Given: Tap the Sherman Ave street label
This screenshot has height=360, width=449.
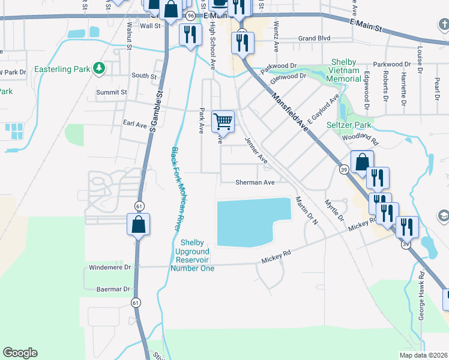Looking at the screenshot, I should point(255,182).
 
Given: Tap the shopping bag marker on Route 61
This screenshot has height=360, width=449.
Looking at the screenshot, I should point(138,224).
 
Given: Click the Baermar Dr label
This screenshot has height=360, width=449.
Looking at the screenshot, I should point(113,289).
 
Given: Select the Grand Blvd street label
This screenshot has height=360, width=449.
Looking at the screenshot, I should point(315,38).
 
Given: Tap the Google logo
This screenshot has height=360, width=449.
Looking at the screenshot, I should point(20,353).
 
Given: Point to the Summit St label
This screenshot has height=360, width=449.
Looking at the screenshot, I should point(112,92).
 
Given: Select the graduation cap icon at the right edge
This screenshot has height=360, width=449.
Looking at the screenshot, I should point(443,215).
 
